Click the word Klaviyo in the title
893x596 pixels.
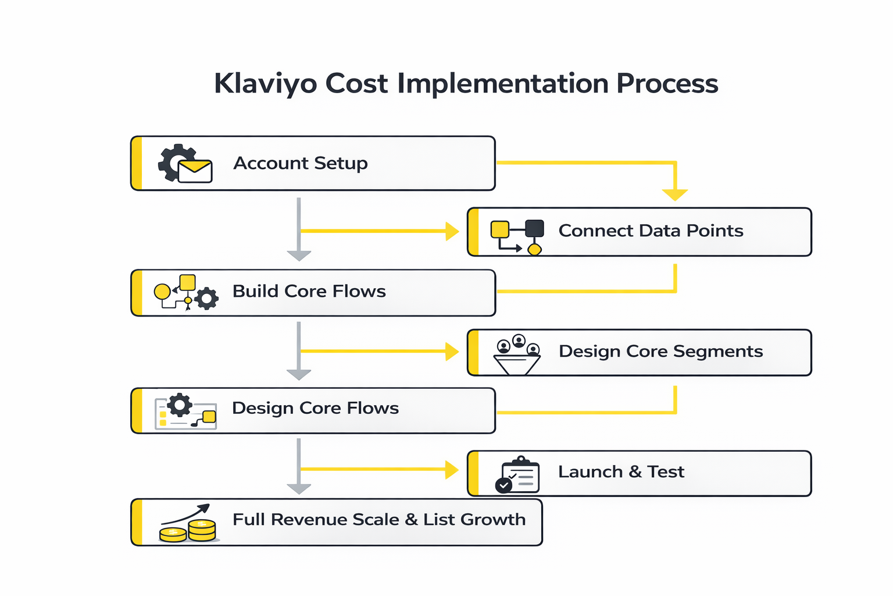point(266,84)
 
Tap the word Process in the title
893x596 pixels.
point(667,84)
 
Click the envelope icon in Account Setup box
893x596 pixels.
point(195,171)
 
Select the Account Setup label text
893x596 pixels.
point(301,164)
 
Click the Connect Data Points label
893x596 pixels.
point(651,231)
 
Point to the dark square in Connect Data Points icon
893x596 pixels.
point(534,229)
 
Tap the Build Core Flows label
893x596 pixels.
point(309,291)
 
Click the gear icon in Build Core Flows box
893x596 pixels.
point(206,299)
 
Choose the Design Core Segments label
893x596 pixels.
point(660,352)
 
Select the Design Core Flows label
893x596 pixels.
point(315,408)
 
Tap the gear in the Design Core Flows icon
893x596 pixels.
point(180,405)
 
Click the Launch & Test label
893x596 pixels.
point(621,471)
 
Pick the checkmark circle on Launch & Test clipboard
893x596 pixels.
point(503,485)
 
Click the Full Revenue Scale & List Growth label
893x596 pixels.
point(379,519)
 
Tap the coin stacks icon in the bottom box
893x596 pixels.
point(188,529)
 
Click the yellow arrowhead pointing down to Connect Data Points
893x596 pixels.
point(675,195)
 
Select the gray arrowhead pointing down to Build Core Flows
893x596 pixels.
point(299,256)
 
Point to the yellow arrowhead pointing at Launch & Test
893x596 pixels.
point(452,469)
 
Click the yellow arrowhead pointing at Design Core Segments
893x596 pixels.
point(452,352)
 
